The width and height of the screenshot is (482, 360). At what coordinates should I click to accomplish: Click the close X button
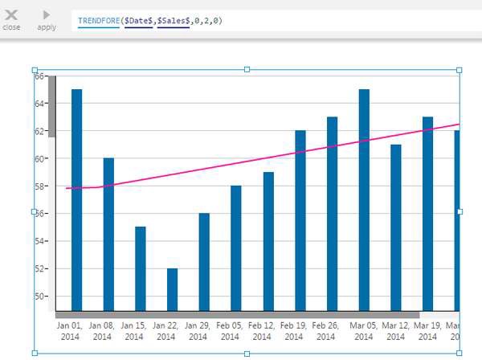tap(11, 15)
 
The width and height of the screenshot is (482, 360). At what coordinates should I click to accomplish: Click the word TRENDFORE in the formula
tap(97, 19)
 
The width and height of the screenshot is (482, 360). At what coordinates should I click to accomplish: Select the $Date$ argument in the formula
tap(140, 19)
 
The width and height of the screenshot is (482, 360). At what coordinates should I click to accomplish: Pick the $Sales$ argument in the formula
tap(174, 19)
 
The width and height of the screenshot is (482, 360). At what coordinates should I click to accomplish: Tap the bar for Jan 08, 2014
tap(108, 234)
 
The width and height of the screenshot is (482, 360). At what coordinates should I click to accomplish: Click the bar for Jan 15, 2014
tap(141, 268)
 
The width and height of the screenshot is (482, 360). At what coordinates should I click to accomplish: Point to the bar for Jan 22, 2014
tap(173, 288)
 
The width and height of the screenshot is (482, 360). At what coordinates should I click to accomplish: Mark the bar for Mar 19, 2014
tap(428, 213)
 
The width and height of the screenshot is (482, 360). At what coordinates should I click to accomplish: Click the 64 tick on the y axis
tap(40, 103)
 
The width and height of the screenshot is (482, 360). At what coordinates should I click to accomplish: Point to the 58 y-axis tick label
tap(40, 186)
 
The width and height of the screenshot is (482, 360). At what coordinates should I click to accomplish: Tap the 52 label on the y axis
tap(40, 268)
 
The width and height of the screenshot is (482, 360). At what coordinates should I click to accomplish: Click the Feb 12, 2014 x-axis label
tap(261, 331)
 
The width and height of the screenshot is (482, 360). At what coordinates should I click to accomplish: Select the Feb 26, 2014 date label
tap(325, 331)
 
